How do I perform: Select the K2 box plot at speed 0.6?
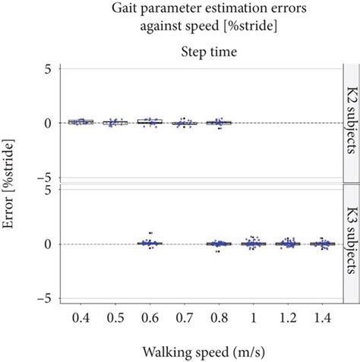149,121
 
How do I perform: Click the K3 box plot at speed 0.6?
149,244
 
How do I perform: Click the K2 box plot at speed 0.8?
219,122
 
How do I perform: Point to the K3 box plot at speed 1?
254,244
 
